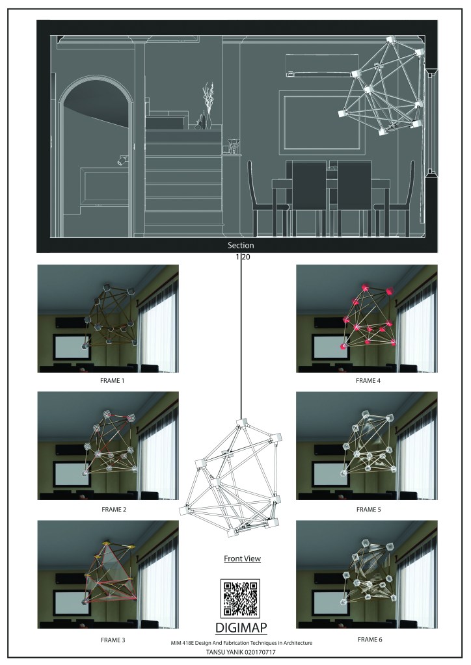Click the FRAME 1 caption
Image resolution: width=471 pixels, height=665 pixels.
click(x=112, y=381)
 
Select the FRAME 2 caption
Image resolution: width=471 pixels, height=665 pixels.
click(x=114, y=510)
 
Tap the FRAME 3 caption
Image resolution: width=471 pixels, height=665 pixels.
click(x=113, y=640)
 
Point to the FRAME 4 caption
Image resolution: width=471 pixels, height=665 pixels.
click(x=368, y=381)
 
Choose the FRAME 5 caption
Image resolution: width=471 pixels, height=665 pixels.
click(x=368, y=510)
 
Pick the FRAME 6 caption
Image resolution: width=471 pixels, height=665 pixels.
click(x=370, y=639)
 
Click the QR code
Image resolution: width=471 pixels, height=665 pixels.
click(x=241, y=599)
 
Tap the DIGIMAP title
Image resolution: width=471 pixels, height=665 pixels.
click(x=241, y=628)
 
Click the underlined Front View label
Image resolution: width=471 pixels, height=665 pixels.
click(x=242, y=558)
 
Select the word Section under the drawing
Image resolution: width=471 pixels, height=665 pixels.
click(x=241, y=245)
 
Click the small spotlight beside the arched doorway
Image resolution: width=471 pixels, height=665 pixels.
click(x=123, y=159)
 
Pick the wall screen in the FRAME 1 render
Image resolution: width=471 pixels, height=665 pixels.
click(x=72, y=347)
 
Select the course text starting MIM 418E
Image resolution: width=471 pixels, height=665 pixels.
click(x=241, y=643)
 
